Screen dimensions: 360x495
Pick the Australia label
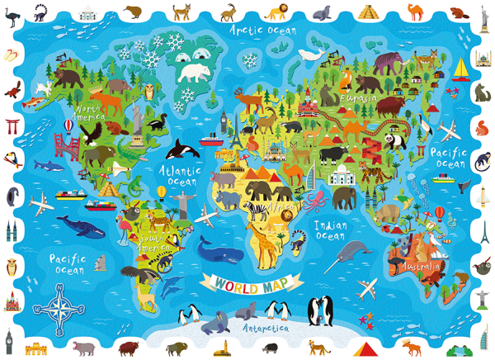(x=420, y=267)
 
